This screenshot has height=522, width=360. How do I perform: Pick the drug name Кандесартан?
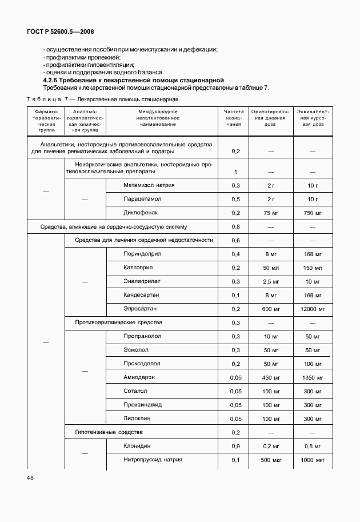(141, 295)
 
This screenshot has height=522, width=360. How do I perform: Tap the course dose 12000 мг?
(312, 309)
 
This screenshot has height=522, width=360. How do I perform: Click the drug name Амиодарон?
(139, 377)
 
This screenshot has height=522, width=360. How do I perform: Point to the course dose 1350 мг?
(312, 377)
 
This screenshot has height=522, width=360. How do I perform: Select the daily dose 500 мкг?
(271, 460)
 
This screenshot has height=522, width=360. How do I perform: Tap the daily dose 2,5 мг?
(271, 281)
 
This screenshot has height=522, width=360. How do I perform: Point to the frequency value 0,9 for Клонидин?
(235, 446)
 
